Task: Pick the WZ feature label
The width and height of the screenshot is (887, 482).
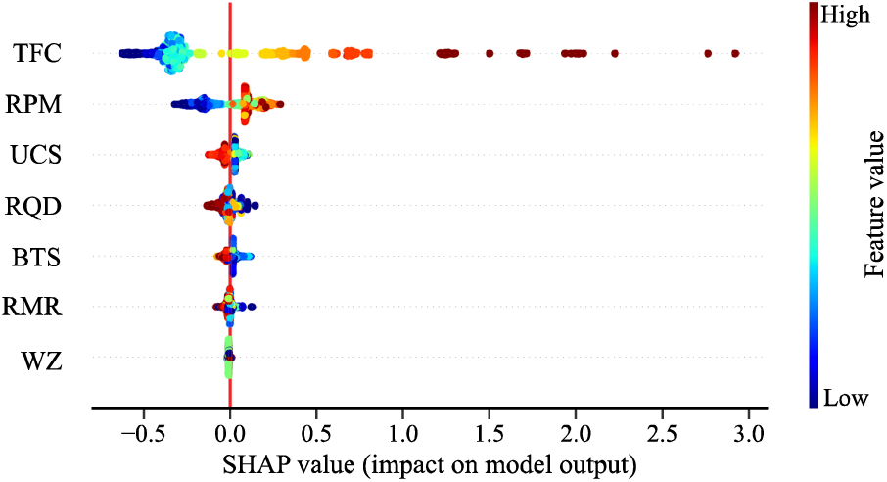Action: [x=42, y=361]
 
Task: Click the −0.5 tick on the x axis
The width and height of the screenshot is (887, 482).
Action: [x=138, y=433]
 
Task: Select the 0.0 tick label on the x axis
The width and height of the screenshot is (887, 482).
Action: [x=230, y=433]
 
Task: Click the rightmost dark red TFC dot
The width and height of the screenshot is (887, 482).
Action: [x=735, y=53]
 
